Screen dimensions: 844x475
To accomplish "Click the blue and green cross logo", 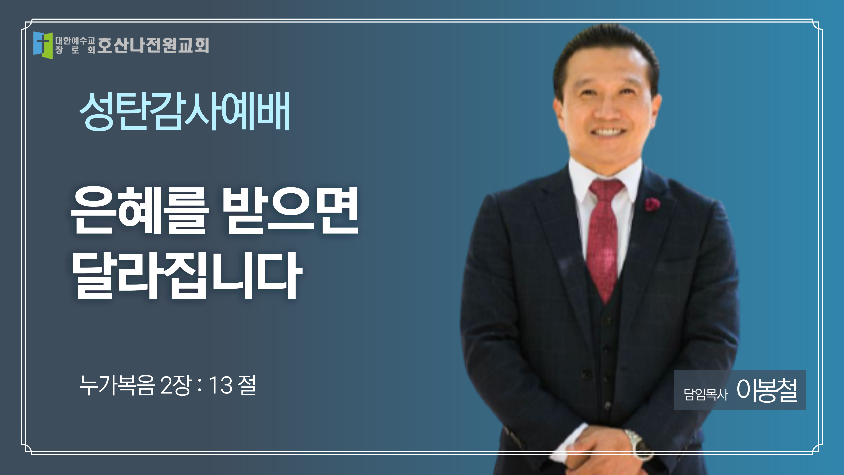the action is click(43, 45).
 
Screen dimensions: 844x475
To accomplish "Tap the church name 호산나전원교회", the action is click(153, 45).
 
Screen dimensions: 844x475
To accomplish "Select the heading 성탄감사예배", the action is click(184, 111).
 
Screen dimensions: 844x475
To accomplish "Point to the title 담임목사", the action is click(706, 394).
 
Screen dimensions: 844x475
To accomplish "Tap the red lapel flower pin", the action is click(652, 204).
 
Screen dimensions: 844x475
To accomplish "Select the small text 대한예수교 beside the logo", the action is click(75, 41).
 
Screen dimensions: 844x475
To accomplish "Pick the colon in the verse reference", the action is click(200, 386).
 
